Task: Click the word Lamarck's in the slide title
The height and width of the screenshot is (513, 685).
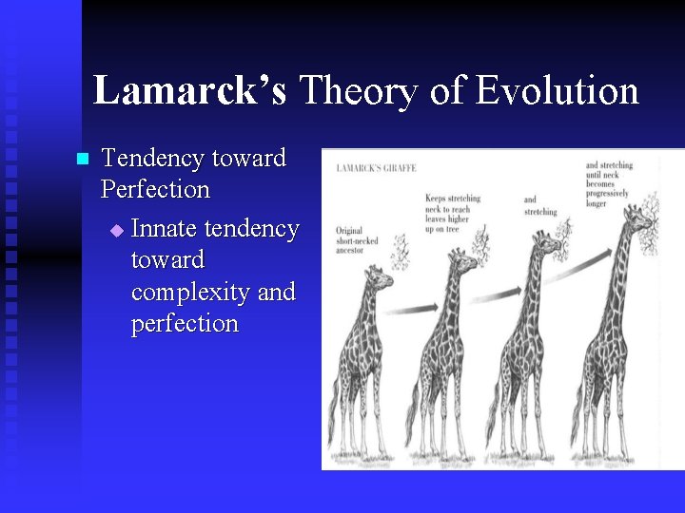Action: point(189,91)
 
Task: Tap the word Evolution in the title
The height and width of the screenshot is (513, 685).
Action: point(558,91)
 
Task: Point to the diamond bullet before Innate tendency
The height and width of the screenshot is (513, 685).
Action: point(117,231)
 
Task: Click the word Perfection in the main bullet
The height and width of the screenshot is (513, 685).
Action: point(155,189)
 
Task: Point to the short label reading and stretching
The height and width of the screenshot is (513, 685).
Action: point(539,206)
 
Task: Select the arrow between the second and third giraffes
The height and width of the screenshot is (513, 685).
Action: point(495,289)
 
